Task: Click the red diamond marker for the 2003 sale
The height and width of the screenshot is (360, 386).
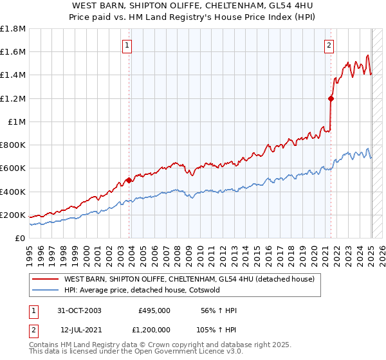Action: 129,180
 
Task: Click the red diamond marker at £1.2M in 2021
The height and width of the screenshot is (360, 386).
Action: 331,98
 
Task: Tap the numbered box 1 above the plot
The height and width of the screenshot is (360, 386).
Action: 127,45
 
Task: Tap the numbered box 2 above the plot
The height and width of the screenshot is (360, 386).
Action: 329,45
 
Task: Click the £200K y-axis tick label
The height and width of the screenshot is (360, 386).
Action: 13,215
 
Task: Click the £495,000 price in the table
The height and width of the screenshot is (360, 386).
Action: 154,310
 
